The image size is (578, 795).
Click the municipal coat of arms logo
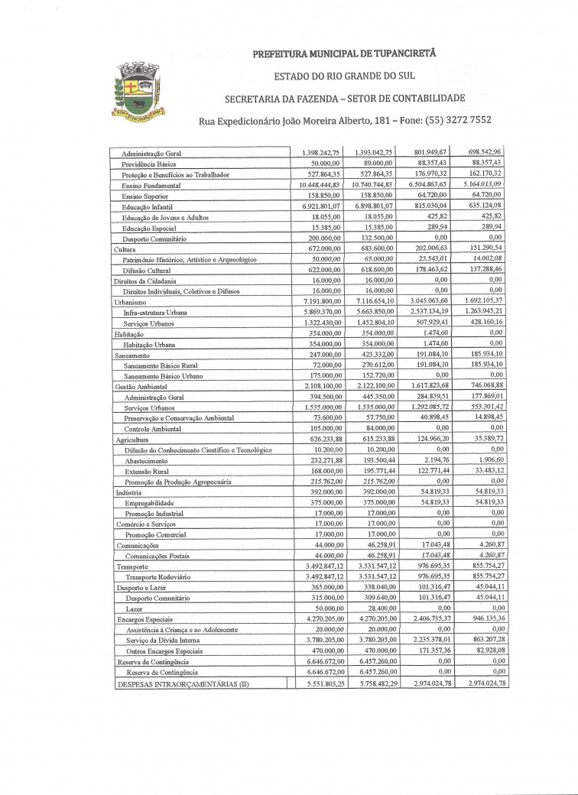(x=138, y=90)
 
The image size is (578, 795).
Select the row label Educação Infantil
(x=148, y=206)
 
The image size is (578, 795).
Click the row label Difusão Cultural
(x=148, y=270)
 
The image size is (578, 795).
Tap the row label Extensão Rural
(x=148, y=472)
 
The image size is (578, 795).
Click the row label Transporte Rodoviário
(x=157, y=576)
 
